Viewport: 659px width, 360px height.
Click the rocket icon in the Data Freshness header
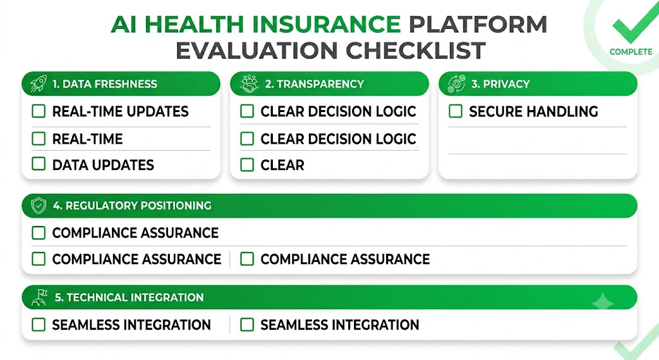39,84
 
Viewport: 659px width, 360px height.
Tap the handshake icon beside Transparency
249,84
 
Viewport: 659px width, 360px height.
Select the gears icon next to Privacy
457,84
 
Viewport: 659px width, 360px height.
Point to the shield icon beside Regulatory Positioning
39,205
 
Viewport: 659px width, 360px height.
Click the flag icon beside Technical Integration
39,298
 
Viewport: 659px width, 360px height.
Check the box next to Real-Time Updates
39,111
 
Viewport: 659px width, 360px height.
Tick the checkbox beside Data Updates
39,164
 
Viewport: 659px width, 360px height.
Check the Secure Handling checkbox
456,111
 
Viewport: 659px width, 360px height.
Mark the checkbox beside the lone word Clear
247,164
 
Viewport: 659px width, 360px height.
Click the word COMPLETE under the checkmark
631,52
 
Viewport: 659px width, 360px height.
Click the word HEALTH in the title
194,24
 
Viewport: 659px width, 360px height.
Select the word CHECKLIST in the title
416,50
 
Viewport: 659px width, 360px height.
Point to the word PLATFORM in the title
478,24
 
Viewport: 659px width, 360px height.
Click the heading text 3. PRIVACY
501,84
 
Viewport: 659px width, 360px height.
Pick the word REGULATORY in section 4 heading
101,205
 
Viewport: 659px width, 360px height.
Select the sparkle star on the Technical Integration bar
602,302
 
